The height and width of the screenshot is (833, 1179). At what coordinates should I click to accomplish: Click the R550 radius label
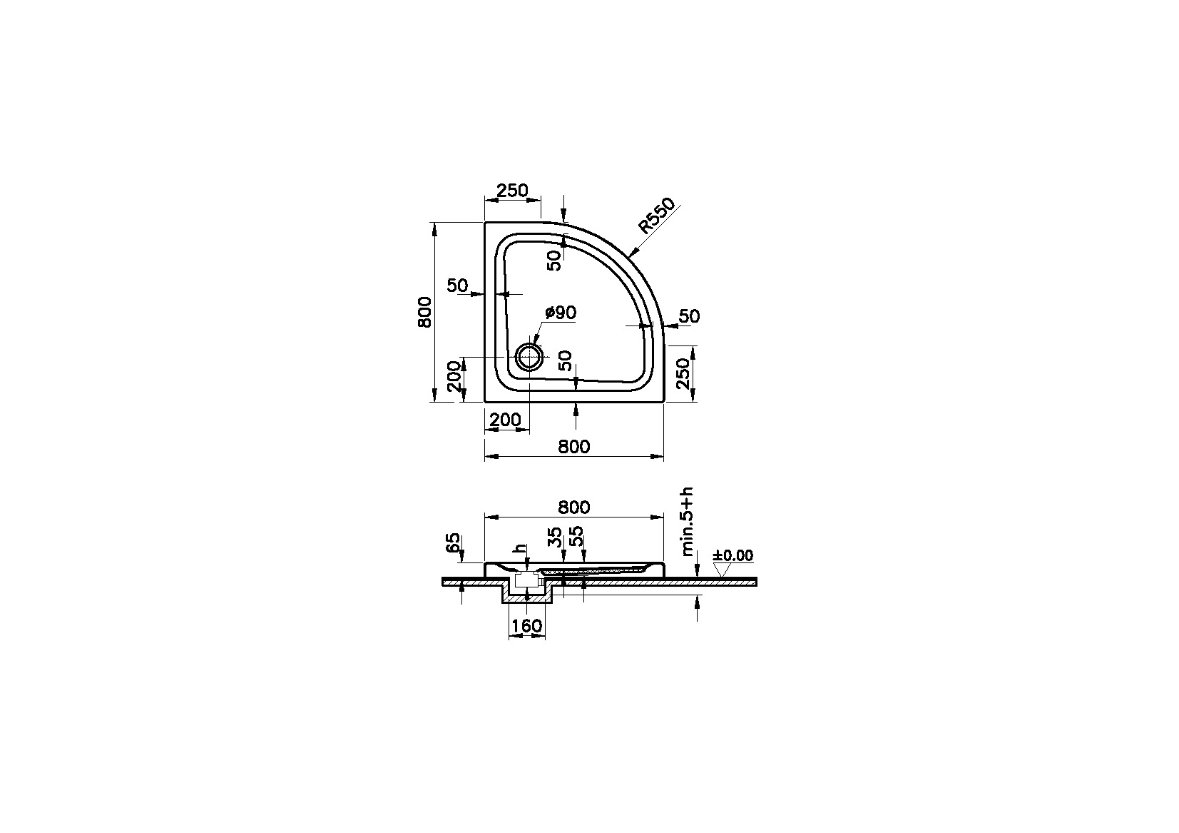click(x=655, y=216)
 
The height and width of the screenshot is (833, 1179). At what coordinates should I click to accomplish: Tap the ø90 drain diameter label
click(x=560, y=313)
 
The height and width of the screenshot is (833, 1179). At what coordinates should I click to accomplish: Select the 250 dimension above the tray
click(x=512, y=191)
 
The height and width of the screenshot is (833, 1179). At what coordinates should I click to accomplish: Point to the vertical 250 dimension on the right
click(x=683, y=373)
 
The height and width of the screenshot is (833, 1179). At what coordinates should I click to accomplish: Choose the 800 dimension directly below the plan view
click(x=573, y=446)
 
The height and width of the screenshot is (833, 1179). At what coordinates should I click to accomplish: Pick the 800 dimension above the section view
click(x=573, y=507)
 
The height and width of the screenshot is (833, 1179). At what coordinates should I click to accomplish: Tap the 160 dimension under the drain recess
click(x=527, y=626)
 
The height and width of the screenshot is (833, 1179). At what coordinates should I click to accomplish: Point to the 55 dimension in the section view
click(x=577, y=537)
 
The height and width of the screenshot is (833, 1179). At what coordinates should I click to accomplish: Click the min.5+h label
click(x=687, y=522)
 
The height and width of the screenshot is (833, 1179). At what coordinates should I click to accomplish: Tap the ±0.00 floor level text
click(x=733, y=555)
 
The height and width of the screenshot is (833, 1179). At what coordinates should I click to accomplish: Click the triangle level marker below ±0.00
click(x=724, y=570)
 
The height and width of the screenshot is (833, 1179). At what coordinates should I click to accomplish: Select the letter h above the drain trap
click(x=521, y=550)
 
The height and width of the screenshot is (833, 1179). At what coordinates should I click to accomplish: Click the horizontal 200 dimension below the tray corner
click(x=506, y=420)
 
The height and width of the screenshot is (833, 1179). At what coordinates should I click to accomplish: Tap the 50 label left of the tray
click(x=457, y=286)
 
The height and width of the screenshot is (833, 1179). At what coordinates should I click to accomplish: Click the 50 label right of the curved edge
click(x=689, y=316)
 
